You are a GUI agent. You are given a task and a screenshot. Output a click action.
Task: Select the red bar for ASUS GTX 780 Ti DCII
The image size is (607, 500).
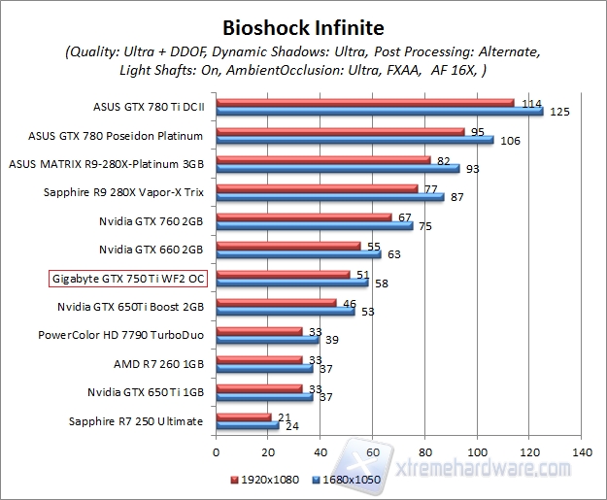[x=364, y=102]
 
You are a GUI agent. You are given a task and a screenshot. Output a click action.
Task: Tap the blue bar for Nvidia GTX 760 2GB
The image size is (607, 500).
[x=314, y=226]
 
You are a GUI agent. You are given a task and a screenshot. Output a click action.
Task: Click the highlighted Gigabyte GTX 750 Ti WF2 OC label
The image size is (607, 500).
[x=128, y=279]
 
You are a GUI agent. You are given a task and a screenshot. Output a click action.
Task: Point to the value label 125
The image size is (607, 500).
[x=559, y=113]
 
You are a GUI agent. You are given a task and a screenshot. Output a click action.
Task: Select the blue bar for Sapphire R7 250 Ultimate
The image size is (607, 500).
[x=247, y=425]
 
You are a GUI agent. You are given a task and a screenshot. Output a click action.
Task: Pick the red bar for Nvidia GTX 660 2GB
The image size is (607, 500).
[x=287, y=246]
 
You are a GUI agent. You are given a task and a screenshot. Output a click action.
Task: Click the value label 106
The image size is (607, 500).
[x=510, y=141]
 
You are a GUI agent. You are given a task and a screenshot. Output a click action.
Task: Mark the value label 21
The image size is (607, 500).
[x=284, y=416]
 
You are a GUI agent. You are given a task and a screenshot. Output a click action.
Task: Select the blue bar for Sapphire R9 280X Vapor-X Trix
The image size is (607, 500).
[x=329, y=197]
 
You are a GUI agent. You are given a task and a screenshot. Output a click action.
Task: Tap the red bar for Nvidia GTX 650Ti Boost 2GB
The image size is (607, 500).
[x=276, y=303]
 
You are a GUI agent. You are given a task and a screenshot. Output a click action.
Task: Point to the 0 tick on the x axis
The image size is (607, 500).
[x=216, y=452]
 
